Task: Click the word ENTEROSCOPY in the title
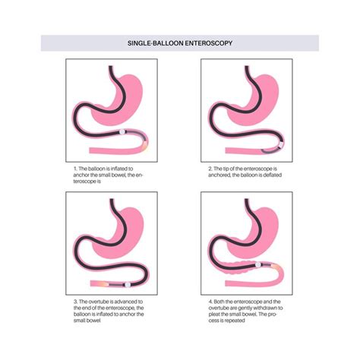(x=208, y=43)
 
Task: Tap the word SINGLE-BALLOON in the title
(x=155, y=43)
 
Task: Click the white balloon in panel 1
(x=122, y=132)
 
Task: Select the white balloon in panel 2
(x=281, y=145)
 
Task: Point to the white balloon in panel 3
(x=128, y=285)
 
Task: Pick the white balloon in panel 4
(x=258, y=265)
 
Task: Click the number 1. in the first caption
(x=75, y=169)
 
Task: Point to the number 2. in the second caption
(x=210, y=169)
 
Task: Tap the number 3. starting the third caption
(x=76, y=302)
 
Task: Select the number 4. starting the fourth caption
(x=211, y=302)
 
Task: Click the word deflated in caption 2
(x=272, y=175)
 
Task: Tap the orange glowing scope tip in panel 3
(x=103, y=284)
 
